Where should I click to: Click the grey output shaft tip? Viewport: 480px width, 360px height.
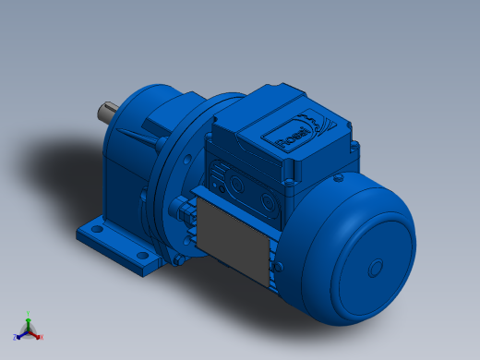tap(104, 115)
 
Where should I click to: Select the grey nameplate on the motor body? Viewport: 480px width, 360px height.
tap(234, 232)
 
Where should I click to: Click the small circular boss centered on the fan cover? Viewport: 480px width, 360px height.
tap(375, 268)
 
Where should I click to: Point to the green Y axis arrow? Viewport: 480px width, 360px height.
tap(29, 317)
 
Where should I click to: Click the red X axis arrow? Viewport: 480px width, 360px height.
tap(36, 333)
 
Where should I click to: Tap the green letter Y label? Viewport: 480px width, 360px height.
tap(29, 312)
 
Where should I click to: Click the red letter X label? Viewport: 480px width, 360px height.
tap(41, 337)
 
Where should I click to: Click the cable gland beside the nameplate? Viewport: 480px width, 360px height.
tap(189, 217)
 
